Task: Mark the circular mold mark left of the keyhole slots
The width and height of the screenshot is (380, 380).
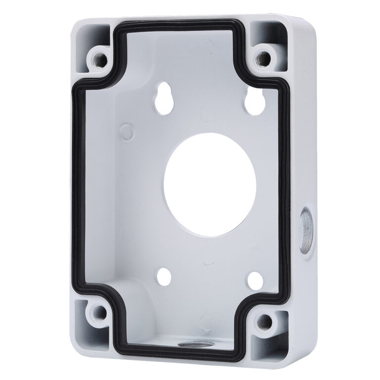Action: [x=127, y=132]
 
